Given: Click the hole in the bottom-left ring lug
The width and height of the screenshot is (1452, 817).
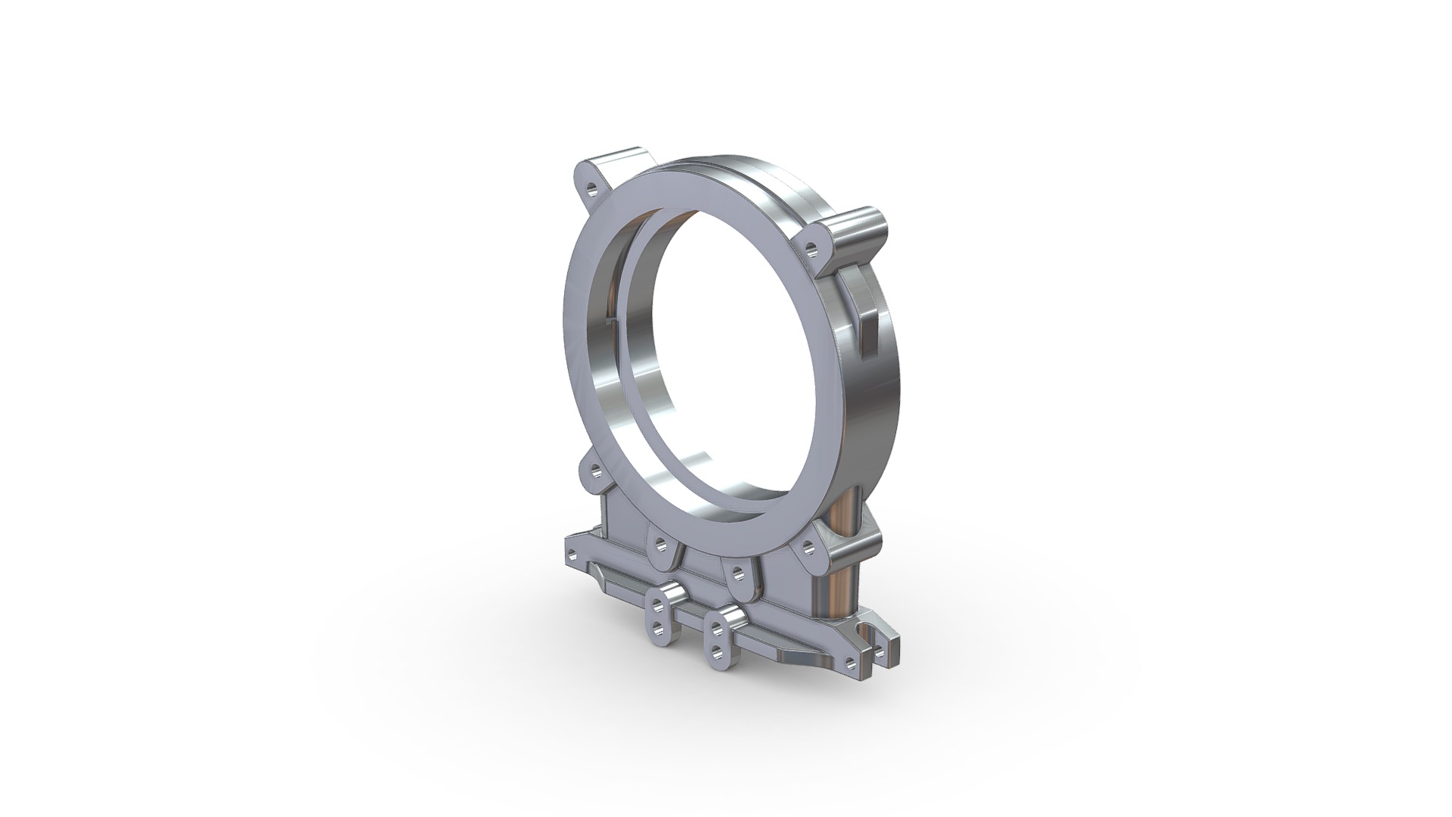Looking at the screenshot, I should pyautogui.click(x=661, y=543).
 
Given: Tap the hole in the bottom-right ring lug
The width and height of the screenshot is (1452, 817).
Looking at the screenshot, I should pyautogui.click(x=808, y=545).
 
